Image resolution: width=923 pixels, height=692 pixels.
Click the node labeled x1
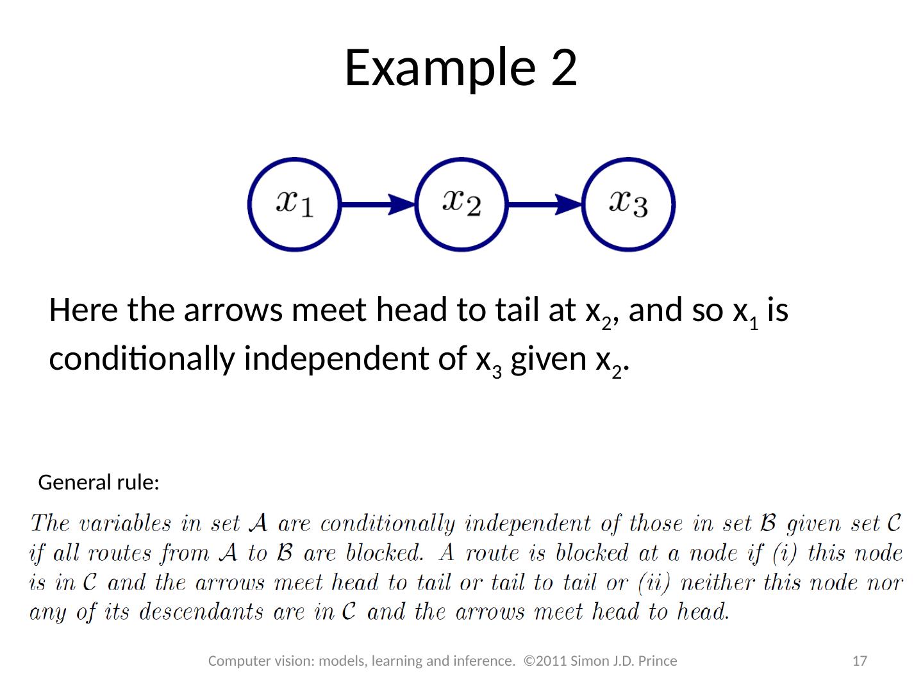294,204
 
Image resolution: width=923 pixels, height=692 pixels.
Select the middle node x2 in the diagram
462,204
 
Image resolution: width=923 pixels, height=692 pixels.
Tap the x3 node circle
629,204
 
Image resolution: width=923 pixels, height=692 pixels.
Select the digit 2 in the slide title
564,67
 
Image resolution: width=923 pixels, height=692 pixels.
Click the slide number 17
860,661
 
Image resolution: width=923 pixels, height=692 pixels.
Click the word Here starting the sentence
83,311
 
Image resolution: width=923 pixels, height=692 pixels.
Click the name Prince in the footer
658,661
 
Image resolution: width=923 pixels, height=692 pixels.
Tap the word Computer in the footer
239,661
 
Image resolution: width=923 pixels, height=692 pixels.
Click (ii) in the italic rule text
655,582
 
